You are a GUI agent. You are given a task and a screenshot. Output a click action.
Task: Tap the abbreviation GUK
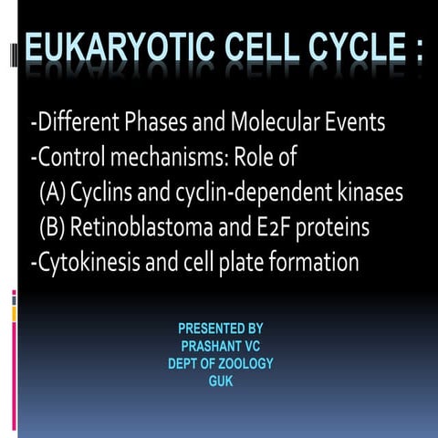(x=221, y=381)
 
